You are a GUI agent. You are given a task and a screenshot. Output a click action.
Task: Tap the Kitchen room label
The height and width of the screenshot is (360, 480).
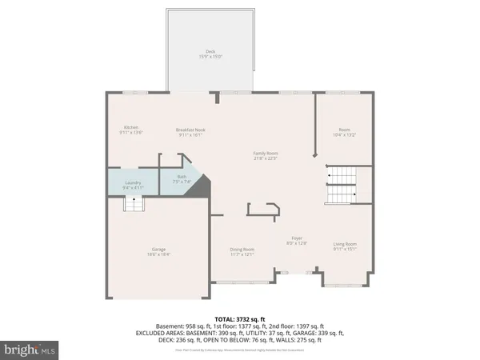pyautogui.click(x=132, y=127)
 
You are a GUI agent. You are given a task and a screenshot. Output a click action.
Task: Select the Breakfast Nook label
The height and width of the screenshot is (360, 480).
pyautogui.click(x=190, y=129)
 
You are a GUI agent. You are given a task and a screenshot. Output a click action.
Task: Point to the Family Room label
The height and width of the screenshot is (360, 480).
pyautogui.click(x=266, y=152)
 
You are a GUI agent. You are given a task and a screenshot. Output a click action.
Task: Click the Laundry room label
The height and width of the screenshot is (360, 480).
pyautogui.click(x=133, y=182)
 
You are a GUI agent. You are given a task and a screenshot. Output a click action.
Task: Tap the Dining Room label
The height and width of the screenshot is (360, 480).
pyautogui.click(x=242, y=250)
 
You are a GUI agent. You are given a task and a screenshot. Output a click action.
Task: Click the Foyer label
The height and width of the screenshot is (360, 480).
pyautogui.click(x=297, y=238)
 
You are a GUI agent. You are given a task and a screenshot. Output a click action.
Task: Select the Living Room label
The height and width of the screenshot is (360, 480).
pyautogui.click(x=346, y=243)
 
